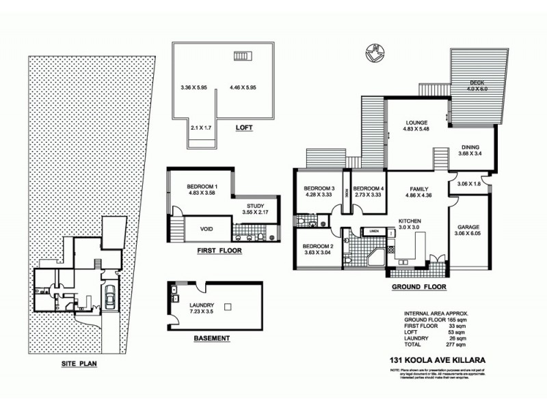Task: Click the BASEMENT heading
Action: point(211,338)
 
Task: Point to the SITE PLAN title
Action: point(77,364)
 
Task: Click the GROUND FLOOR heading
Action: point(410,288)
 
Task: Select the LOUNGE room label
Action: point(416,123)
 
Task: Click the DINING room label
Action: point(470,148)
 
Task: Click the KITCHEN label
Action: point(410,221)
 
